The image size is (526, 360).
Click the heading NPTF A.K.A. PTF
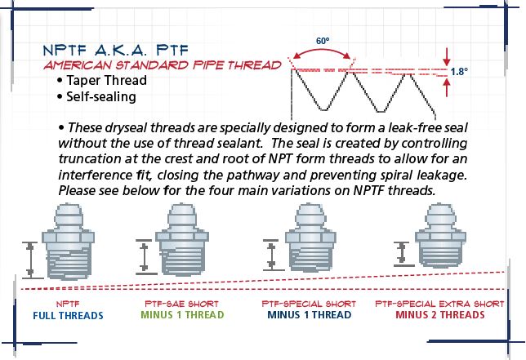pyautogui.click(x=116, y=51)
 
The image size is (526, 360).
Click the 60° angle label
pyautogui.click(x=323, y=41)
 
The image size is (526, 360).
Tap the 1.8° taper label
pyautogui.click(x=459, y=71)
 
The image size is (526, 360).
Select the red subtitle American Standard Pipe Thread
pyautogui.click(x=163, y=65)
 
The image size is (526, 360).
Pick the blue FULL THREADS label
pyautogui.click(x=68, y=315)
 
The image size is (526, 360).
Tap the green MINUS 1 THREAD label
pyautogui.click(x=182, y=315)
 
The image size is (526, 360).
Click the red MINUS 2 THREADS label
pyautogui.click(x=439, y=315)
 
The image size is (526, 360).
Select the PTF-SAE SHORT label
pyautogui.click(x=181, y=304)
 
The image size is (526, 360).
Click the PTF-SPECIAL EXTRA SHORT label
pyautogui.click(x=439, y=304)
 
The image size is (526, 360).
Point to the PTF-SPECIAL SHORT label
pyautogui.click(x=309, y=304)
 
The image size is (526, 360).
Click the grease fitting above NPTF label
pyautogui.click(x=68, y=242)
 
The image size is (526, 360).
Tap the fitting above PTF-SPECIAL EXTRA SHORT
pyautogui.click(x=440, y=235)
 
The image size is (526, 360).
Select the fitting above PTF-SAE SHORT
pyautogui.click(x=182, y=239)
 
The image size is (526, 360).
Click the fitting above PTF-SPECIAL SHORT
pyautogui.click(x=310, y=238)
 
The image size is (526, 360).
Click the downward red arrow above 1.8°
pyautogui.click(x=446, y=57)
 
